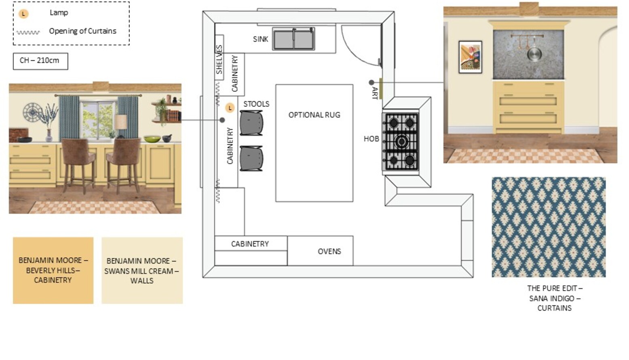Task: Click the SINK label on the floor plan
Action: click(x=261, y=39)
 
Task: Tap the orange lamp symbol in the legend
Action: click(x=23, y=13)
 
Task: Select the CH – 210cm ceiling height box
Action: click(x=40, y=61)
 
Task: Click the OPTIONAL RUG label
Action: click(x=314, y=115)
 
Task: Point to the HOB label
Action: click(x=371, y=139)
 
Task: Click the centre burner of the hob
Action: click(x=401, y=141)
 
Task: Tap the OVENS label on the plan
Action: click(x=329, y=251)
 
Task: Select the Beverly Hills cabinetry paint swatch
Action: click(x=53, y=270)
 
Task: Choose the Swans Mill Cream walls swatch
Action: click(x=142, y=270)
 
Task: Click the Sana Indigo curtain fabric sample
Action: click(x=549, y=227)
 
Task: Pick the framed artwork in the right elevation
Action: click(x=471, y=57)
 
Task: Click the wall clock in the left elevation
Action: click(x=32, y=112)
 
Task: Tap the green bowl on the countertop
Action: click(x=152, y=139)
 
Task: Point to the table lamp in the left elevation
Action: click(x=121, y=125)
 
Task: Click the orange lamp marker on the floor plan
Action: click(x=230, y=108)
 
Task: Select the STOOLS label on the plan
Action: click(x=256, y=104)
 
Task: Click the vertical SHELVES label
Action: click(x=220, y=59)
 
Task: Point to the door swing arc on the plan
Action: click(x=353, y=53)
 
